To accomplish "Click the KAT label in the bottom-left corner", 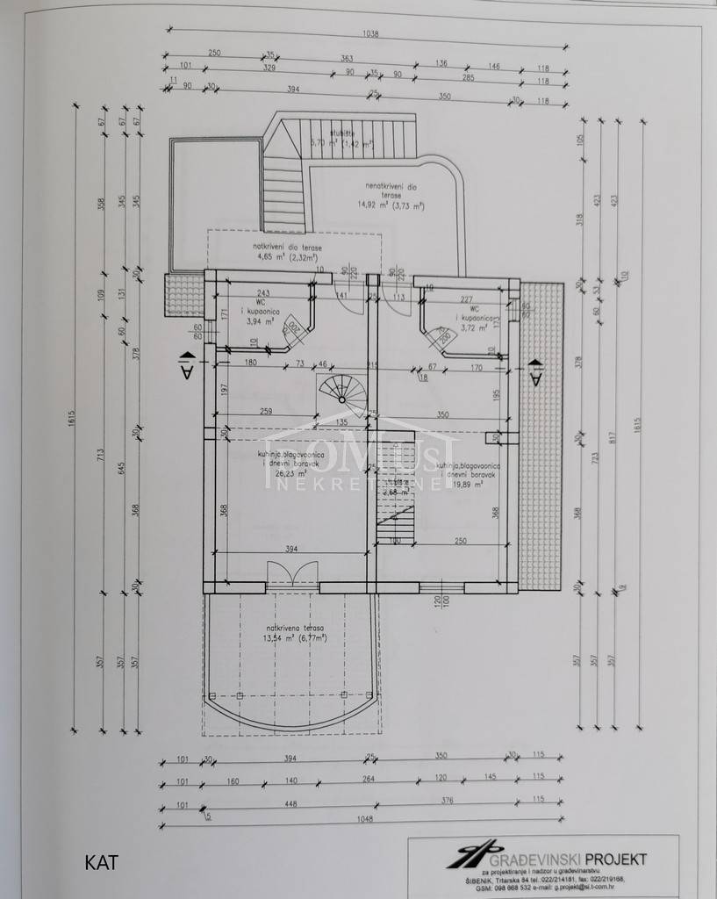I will [x=101, y=861].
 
